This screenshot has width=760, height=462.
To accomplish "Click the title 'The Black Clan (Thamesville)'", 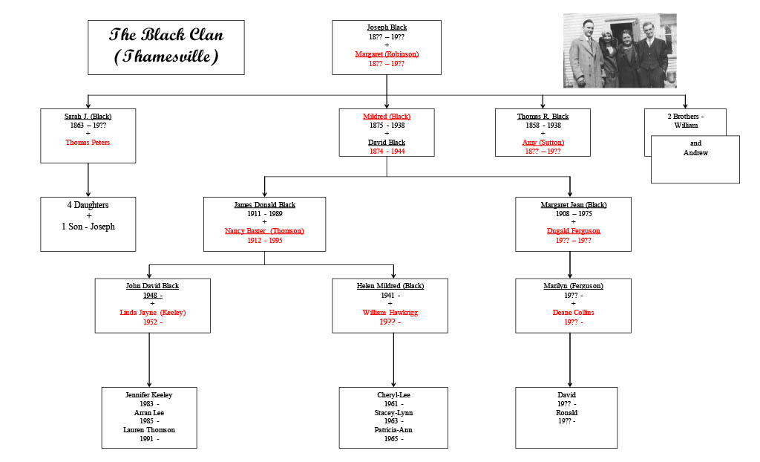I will tap(166, 45).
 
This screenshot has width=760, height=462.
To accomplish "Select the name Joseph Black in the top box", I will tap(387, 27).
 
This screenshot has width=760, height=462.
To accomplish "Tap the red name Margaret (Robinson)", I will tap(387, 54).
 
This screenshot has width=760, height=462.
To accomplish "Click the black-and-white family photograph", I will tap(620, 51).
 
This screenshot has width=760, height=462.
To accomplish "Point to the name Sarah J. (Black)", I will tap(88, 117).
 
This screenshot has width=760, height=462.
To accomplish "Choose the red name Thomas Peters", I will tap(88, 143).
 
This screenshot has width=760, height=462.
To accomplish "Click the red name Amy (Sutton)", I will tap(543, 143).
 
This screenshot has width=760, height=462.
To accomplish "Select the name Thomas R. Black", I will tap(543, 117).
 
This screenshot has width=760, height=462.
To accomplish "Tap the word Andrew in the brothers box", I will tap(695, 153).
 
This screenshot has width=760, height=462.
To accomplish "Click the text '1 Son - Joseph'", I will tap(88, 227).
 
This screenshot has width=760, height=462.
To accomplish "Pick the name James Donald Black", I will tap(264, 204).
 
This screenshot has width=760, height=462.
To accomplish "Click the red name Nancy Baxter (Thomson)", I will tap(264, 231).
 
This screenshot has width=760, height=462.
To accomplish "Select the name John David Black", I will tap(152, 286).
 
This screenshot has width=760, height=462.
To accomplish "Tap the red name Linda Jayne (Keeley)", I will tap(152, 313).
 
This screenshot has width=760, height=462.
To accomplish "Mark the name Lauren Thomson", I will tap(149, 430).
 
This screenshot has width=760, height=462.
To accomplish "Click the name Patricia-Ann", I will tap(393, 430).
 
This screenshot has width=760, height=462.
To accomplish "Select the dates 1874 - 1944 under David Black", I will tap(387, 152).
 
